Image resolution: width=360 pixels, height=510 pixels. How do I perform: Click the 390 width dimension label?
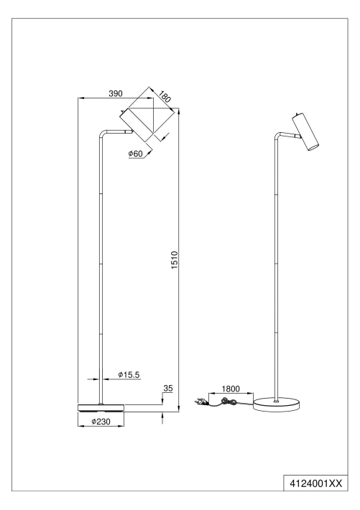pyautogui.click(x=116, y=93)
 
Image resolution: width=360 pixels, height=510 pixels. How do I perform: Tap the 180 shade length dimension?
pyautogui.click(x=165, y=96)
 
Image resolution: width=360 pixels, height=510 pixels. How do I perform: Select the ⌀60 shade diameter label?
pyautogui.click(x=135, y=154)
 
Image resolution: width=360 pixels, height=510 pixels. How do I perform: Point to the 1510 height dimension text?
pyautogui.click(x=175, y=260)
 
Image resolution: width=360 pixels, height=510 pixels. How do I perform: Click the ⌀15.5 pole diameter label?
pyautogui.click(x=129, y=375)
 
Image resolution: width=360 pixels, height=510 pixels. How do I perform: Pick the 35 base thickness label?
pyautogui.click(x=168, y=389)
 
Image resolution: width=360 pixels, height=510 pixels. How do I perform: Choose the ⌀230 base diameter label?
pyautogui.click(x=101, y=422)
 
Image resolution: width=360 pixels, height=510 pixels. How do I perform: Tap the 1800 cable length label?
pyautogui.click(x=231, y=389)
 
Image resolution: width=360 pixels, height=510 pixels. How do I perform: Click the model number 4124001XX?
pyautogui.click(x=316, y=483)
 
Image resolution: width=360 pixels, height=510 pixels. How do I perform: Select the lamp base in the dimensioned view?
pyautogui.click(x=101, y=408)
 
